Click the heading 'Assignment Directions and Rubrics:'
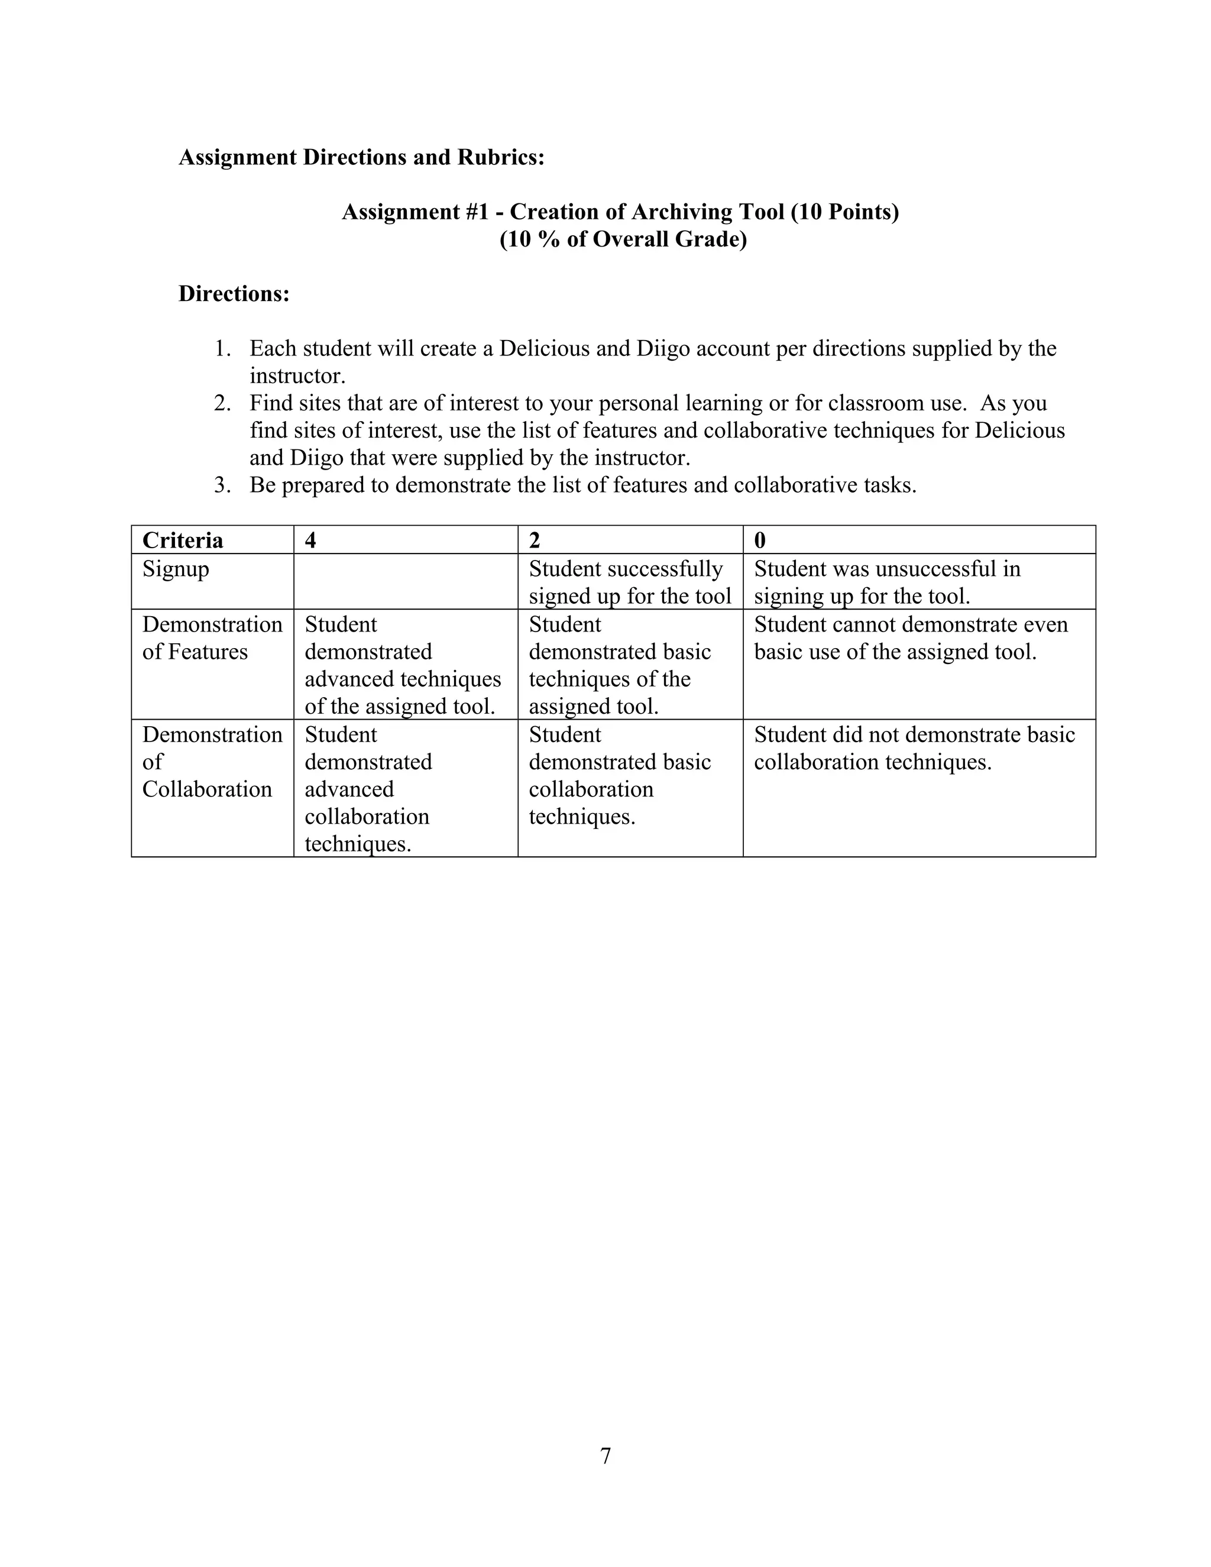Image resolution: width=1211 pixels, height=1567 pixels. pos(361,157)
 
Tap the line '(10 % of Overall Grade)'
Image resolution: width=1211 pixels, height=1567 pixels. pos(623,239)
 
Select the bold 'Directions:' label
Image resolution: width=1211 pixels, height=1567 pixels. pos(234,293)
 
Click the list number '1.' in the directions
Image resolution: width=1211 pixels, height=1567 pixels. pos(222,349)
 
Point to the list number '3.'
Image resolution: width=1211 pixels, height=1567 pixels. pos(222,485)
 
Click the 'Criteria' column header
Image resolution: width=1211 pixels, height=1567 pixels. pos(182,540)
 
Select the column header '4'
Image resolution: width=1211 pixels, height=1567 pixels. pos(310,540)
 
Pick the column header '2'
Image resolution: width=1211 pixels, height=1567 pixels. pos(535,540)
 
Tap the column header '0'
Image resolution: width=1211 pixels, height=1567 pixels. pos(760,540)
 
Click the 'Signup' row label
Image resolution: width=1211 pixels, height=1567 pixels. pos(176,569)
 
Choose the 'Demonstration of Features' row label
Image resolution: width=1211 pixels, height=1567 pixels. pos(212,638)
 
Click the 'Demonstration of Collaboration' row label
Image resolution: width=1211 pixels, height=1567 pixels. pos(212,762)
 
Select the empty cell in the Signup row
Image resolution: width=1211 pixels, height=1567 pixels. pos(405,582)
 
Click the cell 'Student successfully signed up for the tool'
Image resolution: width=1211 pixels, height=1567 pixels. pos(629,582)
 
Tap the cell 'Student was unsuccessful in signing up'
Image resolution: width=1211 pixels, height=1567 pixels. pos(887,582)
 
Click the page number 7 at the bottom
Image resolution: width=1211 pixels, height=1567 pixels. pos(605,1456)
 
